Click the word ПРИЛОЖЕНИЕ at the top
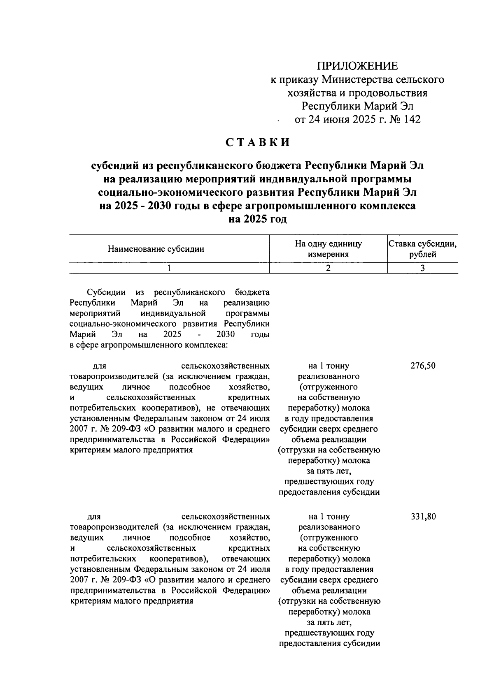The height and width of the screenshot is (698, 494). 357,66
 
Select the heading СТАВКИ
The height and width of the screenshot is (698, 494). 258,142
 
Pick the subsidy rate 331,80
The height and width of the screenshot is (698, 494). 423,516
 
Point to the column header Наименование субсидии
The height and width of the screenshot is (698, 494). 156,249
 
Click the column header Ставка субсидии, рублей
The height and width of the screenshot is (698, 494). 423,249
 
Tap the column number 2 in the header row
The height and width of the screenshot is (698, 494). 328,268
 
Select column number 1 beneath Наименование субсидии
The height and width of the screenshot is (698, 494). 169,268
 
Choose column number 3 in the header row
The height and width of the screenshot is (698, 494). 423,268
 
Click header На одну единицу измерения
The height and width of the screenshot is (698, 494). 328,249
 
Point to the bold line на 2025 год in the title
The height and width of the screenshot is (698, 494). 258,219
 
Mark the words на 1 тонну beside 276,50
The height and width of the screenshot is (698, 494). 329,366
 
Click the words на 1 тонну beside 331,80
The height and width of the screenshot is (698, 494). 329,516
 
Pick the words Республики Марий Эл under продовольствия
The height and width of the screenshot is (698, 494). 357,106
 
